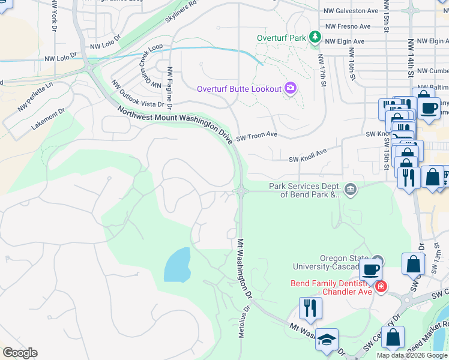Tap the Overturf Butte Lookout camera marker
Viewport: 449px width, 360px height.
point(291,89)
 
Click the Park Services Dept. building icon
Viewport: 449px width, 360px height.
point(351,190)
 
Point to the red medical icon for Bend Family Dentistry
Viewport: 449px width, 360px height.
point(380,287)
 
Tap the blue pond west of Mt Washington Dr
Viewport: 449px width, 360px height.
point(178,265)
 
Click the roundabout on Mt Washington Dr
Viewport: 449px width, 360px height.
point(241,191)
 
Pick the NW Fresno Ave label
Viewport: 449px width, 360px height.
point(348,26)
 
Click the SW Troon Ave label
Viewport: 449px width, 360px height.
point(256,136)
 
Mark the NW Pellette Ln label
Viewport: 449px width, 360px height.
point(35,97)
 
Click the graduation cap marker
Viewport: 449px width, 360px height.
point(327,340)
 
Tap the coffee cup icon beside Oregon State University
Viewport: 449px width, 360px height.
point(372,269)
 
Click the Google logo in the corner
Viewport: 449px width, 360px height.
point(20,353)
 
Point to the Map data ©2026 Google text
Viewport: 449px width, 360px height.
point(412,355)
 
